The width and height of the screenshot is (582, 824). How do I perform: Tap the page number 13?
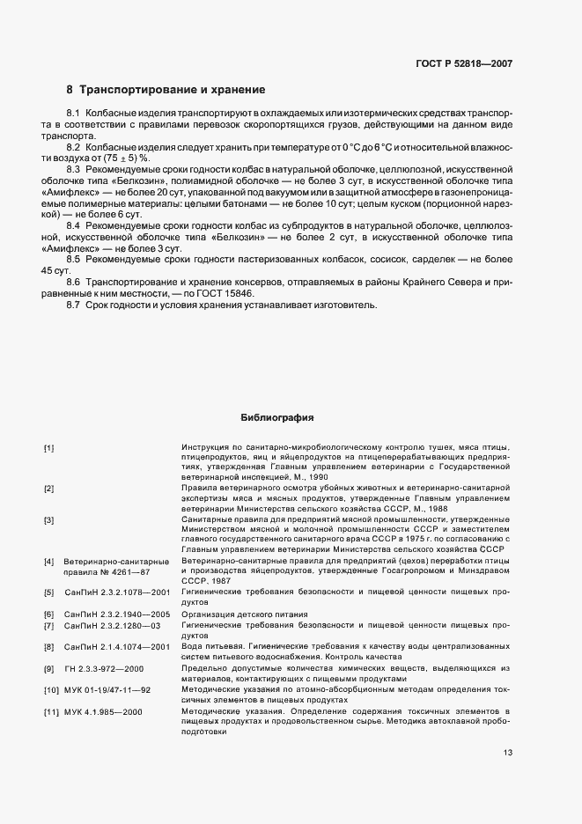(x=507, y=752)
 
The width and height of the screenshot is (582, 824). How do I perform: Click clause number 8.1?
(x=74, y=114)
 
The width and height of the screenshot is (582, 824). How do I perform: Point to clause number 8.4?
(x=74, y=226)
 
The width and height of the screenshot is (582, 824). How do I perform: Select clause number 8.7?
(x=74, y=305)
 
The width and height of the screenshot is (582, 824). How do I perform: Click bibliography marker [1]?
(x=49, y=448)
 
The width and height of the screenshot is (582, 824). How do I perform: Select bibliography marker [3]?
(x=49, y=520)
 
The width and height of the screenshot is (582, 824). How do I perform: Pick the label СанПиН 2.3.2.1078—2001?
(x=117, y=593)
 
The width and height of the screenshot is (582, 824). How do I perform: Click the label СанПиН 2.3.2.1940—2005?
(x=117, y=614)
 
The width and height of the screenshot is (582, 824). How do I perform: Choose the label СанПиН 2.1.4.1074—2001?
(x=117, y=647)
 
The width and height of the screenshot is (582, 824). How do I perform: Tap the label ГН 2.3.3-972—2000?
(x=106, y=670)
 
